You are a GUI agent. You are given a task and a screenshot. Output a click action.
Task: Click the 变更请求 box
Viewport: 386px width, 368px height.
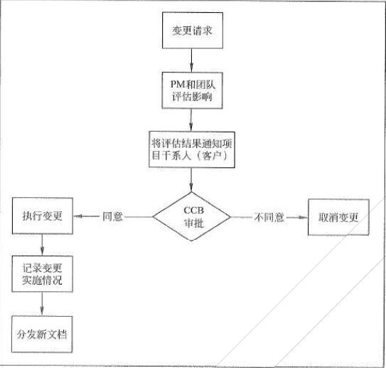coord(191,32)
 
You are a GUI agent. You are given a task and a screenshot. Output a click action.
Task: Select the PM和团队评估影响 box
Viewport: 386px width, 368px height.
coord(191,89)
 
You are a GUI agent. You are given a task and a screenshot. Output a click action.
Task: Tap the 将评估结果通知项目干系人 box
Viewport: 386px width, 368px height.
coord(191,147)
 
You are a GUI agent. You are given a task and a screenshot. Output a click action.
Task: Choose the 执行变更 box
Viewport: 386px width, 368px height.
coord(44,216)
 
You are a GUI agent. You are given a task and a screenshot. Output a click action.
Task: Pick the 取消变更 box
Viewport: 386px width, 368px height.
coord(338,216)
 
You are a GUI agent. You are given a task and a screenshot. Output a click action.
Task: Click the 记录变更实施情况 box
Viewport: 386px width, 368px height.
coord(44,274)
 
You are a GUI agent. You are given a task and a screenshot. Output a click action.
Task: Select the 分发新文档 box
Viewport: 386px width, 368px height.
coord(44,332)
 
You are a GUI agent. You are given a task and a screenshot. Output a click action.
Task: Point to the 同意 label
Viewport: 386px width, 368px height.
coord(113,216)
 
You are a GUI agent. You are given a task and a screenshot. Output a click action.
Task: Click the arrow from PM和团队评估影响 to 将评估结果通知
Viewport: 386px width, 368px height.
coord(191,118)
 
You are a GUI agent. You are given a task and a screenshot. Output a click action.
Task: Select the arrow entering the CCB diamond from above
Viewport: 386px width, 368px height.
coord(191,182)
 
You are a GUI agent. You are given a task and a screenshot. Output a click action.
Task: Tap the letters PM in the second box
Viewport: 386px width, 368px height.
coord(169,82)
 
